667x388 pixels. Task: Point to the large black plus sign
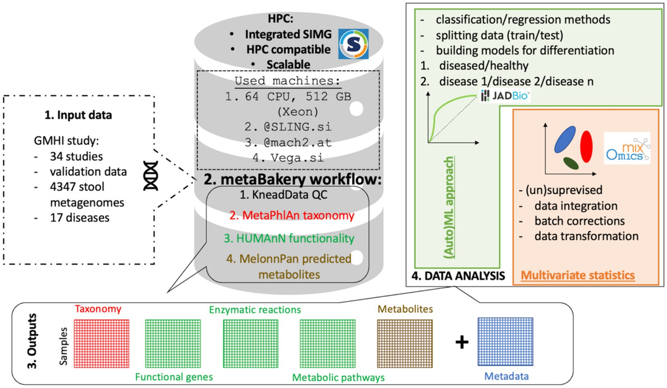pyautogui.click(x=461, y=342)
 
